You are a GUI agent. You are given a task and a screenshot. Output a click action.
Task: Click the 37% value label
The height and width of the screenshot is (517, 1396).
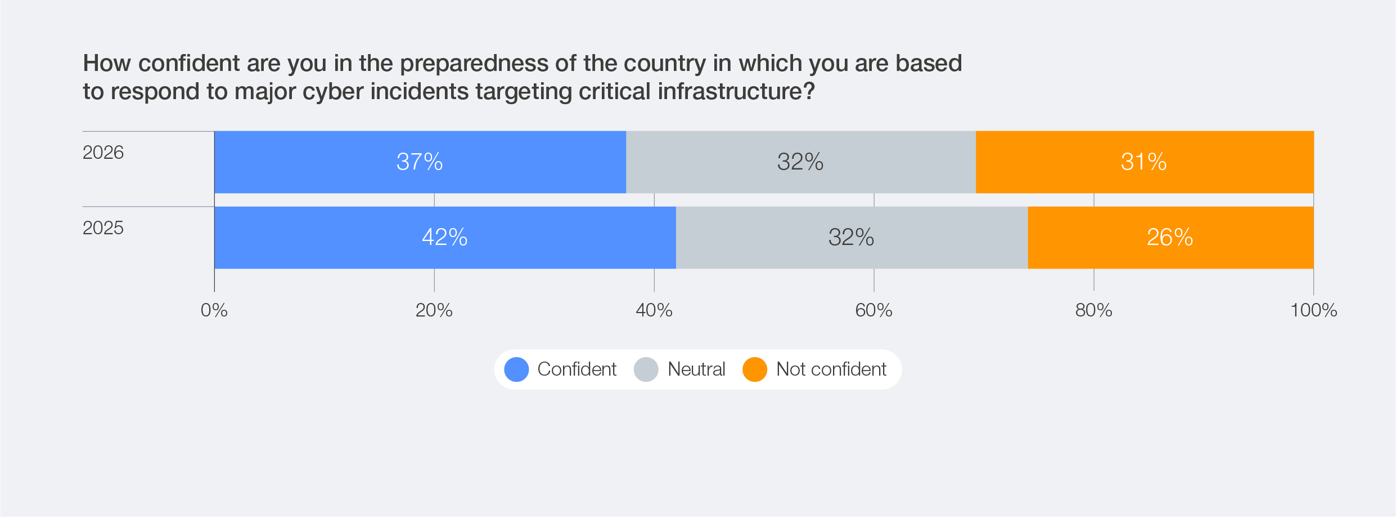(x=420, y=162)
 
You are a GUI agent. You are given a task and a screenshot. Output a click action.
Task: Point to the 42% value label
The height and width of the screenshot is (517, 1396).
(x=445, y=238)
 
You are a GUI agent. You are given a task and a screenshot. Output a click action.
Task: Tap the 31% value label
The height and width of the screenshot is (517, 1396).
(x=1143, y=162)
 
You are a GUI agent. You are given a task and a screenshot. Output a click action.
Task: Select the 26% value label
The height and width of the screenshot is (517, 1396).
(x=1170, y=238)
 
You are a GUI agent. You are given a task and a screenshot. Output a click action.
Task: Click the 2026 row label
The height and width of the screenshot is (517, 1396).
(x=103, y=153)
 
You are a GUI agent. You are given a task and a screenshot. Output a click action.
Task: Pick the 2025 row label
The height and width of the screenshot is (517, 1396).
(x=103, y=228)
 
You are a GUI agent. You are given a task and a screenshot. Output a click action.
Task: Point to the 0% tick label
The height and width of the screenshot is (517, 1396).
(x=214, y=310)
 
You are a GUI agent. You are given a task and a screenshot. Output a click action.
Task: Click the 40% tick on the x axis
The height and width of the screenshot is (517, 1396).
(x=654, y=310)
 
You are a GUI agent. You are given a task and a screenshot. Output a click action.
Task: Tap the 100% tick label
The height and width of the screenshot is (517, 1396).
(x=1313, y=310)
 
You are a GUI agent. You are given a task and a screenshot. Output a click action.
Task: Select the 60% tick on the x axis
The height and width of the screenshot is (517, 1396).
(x=873, y=310)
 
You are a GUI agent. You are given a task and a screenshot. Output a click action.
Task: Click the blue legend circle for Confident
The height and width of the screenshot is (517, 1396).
(x=516, y=369)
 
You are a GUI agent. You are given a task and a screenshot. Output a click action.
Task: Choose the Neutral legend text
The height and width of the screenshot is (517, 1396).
(x=696, y=369)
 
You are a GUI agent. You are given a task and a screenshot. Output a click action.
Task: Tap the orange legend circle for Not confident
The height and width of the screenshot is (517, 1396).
(x=755, y=369)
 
